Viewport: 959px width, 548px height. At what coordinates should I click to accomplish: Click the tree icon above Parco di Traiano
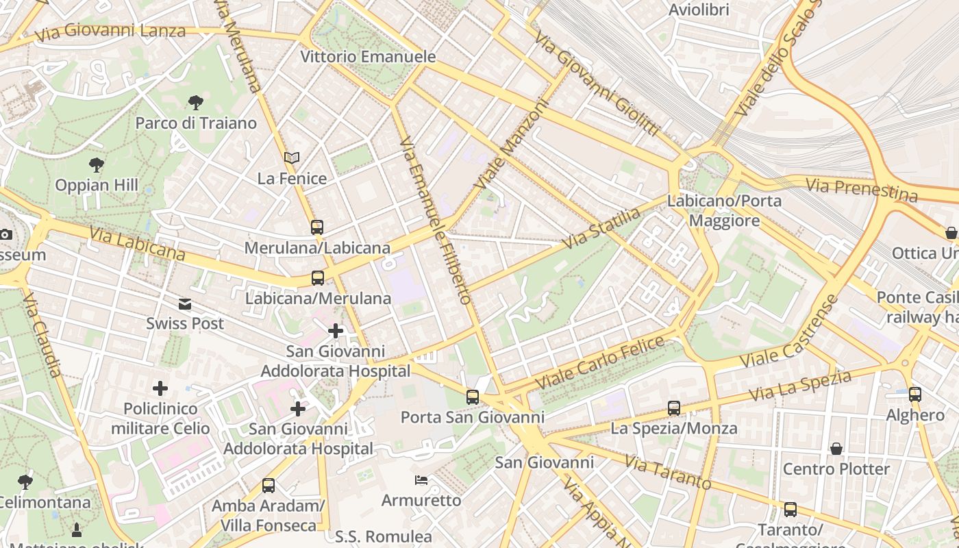click(x=196, y=103)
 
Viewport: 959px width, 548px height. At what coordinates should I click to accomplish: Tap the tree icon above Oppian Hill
click(x=97, y=164)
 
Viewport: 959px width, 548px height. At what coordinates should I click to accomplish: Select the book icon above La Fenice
click(x=292, y=158)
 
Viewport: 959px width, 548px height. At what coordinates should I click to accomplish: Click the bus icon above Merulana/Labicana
click(x=316, y=227)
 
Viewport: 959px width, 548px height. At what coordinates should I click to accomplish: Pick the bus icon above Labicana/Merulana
click(x=318, y=278)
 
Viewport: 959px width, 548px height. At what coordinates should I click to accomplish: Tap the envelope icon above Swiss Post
click(x=185, y=303)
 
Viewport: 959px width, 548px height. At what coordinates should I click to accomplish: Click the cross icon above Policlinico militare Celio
click(x=160, y=388)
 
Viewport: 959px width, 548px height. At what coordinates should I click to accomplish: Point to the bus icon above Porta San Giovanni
click(x=472, y=397)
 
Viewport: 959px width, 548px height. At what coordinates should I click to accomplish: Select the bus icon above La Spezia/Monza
click(x=674, y=408)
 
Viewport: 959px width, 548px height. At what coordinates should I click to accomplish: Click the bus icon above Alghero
click(x=915, y=395)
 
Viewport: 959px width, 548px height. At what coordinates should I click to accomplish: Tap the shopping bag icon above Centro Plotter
click(x=836, y=449)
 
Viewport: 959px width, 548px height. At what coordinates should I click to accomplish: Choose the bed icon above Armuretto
click(x=421, y=480)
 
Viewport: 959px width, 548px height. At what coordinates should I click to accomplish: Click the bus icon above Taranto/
click(x=790, y=510)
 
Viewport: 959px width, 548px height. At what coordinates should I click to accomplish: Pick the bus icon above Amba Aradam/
click(x=269, y=486)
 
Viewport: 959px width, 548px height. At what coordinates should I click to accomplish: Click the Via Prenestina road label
click(x=861, y=189)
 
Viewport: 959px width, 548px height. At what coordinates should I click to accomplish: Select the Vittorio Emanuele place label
click(x=368, y=57)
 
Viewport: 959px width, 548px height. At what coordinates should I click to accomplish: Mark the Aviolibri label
click(x=699, y=10)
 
